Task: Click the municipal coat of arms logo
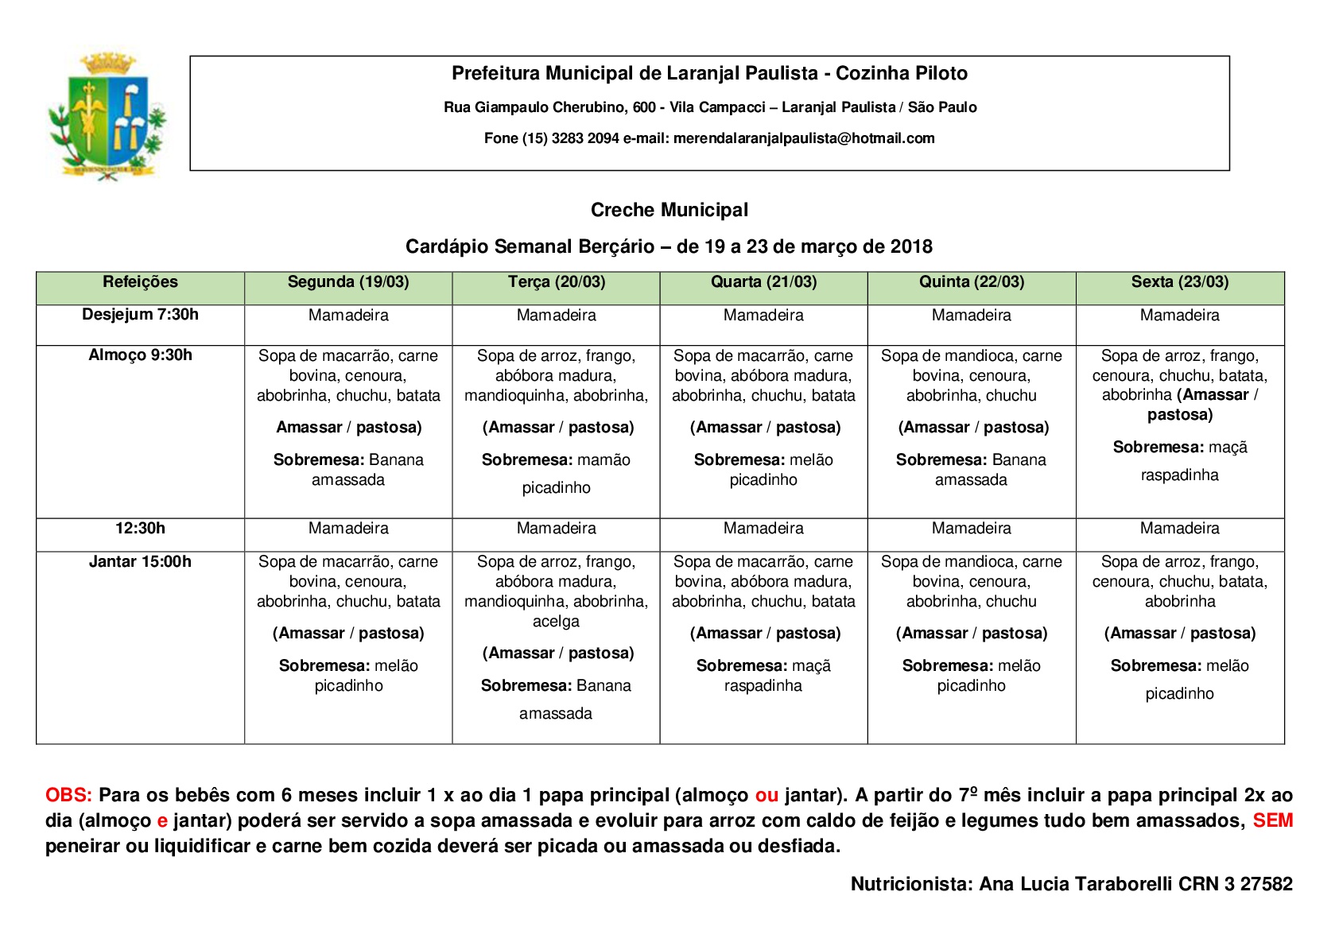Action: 107,117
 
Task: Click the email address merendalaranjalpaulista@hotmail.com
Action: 803,138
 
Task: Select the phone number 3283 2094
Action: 584,138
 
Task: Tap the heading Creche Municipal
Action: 669,210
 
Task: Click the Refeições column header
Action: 140,282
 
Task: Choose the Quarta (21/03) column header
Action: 763,282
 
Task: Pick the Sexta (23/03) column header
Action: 1179,282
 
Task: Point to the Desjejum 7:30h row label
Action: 140,315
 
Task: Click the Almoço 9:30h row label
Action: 140,355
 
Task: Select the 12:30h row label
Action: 140,529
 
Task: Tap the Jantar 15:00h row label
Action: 140,562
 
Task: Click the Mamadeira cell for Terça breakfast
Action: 556,316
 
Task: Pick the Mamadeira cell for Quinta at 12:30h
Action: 971,529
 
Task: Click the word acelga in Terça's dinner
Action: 556,622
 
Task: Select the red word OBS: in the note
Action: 68,796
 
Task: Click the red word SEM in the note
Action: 1272,821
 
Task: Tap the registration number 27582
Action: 1266,884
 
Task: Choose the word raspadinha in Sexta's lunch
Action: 1179,475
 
